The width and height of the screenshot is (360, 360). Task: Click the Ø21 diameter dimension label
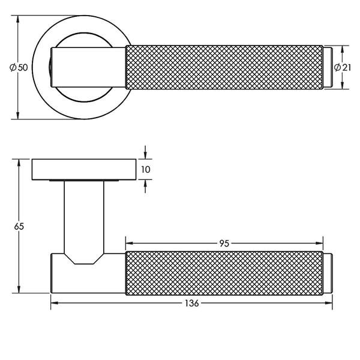coord(343,67)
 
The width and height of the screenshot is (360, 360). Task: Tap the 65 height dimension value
coord(19,227)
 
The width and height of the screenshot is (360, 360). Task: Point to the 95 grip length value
coord(224,244)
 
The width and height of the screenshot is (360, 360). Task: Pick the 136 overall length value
coord(191,304)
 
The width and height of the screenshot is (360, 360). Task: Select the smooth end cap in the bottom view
coord(328,274)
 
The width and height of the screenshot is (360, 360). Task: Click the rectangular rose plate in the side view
coord(84,169)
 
